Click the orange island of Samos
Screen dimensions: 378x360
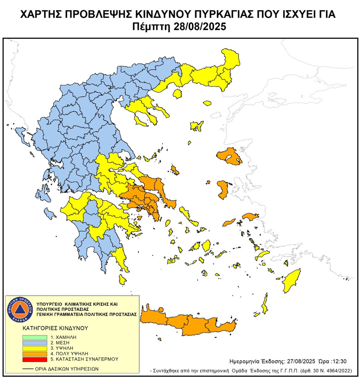(251, 216)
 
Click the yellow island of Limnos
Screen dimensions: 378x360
(197, 125)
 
